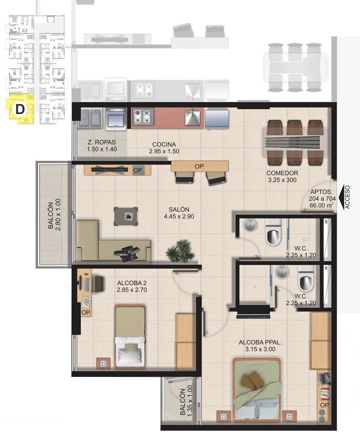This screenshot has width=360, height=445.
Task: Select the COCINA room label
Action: (164, 144)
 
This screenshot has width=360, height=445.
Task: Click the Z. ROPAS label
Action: (102, 143)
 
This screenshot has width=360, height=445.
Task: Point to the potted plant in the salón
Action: (180, 249)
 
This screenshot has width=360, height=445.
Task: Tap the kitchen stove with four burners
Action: (143, 117)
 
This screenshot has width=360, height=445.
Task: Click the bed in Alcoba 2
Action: (130, 336)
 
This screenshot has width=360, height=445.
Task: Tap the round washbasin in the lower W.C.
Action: (283, 272)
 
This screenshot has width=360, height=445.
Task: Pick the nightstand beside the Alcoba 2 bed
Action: (103, 363)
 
